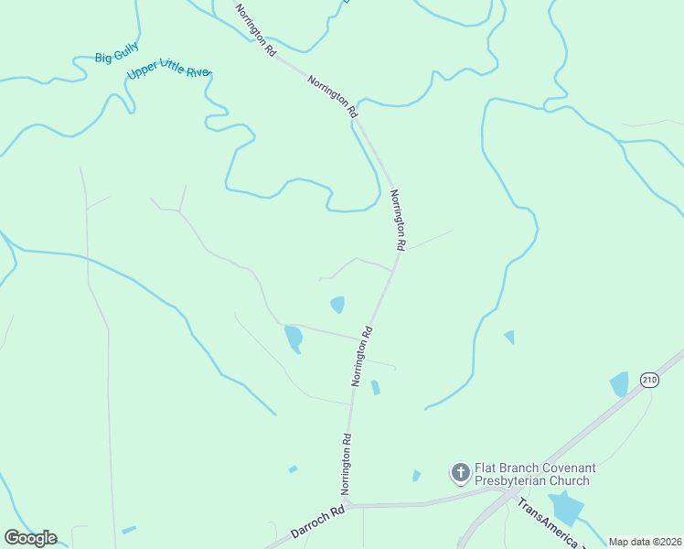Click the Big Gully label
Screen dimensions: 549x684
114,58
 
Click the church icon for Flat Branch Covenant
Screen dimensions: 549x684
460,473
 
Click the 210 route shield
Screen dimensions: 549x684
649,380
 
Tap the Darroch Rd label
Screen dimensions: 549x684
316,521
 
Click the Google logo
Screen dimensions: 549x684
30,537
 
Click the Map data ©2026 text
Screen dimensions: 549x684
645,542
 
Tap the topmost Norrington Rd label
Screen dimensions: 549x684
255,31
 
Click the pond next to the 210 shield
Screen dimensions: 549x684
620,384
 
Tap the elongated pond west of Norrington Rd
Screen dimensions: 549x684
294,339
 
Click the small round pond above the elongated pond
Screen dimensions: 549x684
337,304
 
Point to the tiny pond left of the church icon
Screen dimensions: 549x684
416,476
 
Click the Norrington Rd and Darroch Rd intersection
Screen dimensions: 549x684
348,504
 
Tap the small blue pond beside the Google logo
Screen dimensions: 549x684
129,529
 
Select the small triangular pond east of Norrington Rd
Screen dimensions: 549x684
509,338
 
